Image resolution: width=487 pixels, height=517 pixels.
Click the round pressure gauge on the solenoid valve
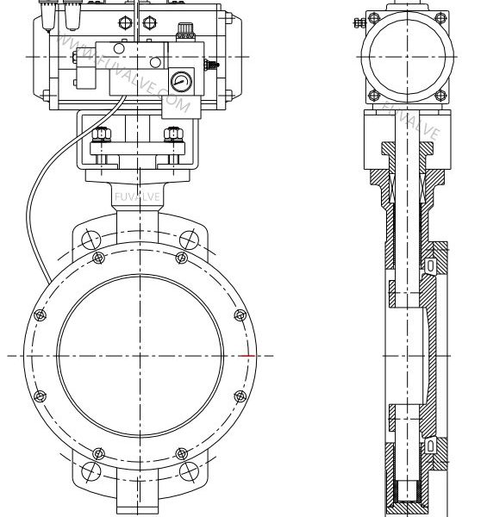pyautogui.click(x=181, y=82)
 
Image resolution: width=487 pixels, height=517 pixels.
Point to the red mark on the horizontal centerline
pyautogui.click(x=250, y=355)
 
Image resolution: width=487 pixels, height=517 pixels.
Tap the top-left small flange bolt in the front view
pyautogui.click(x=99, y=257)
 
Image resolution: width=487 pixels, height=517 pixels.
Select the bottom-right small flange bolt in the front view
pyautogui.click(x=180, y=454)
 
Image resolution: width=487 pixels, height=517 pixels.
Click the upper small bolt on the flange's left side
pyautogui.click(x=39, y=315)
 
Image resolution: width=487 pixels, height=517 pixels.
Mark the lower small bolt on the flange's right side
pyautogui.click(x=240, y=397)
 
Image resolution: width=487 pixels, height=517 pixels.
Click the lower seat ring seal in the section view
pyautogui.click(x=428, y=445)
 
